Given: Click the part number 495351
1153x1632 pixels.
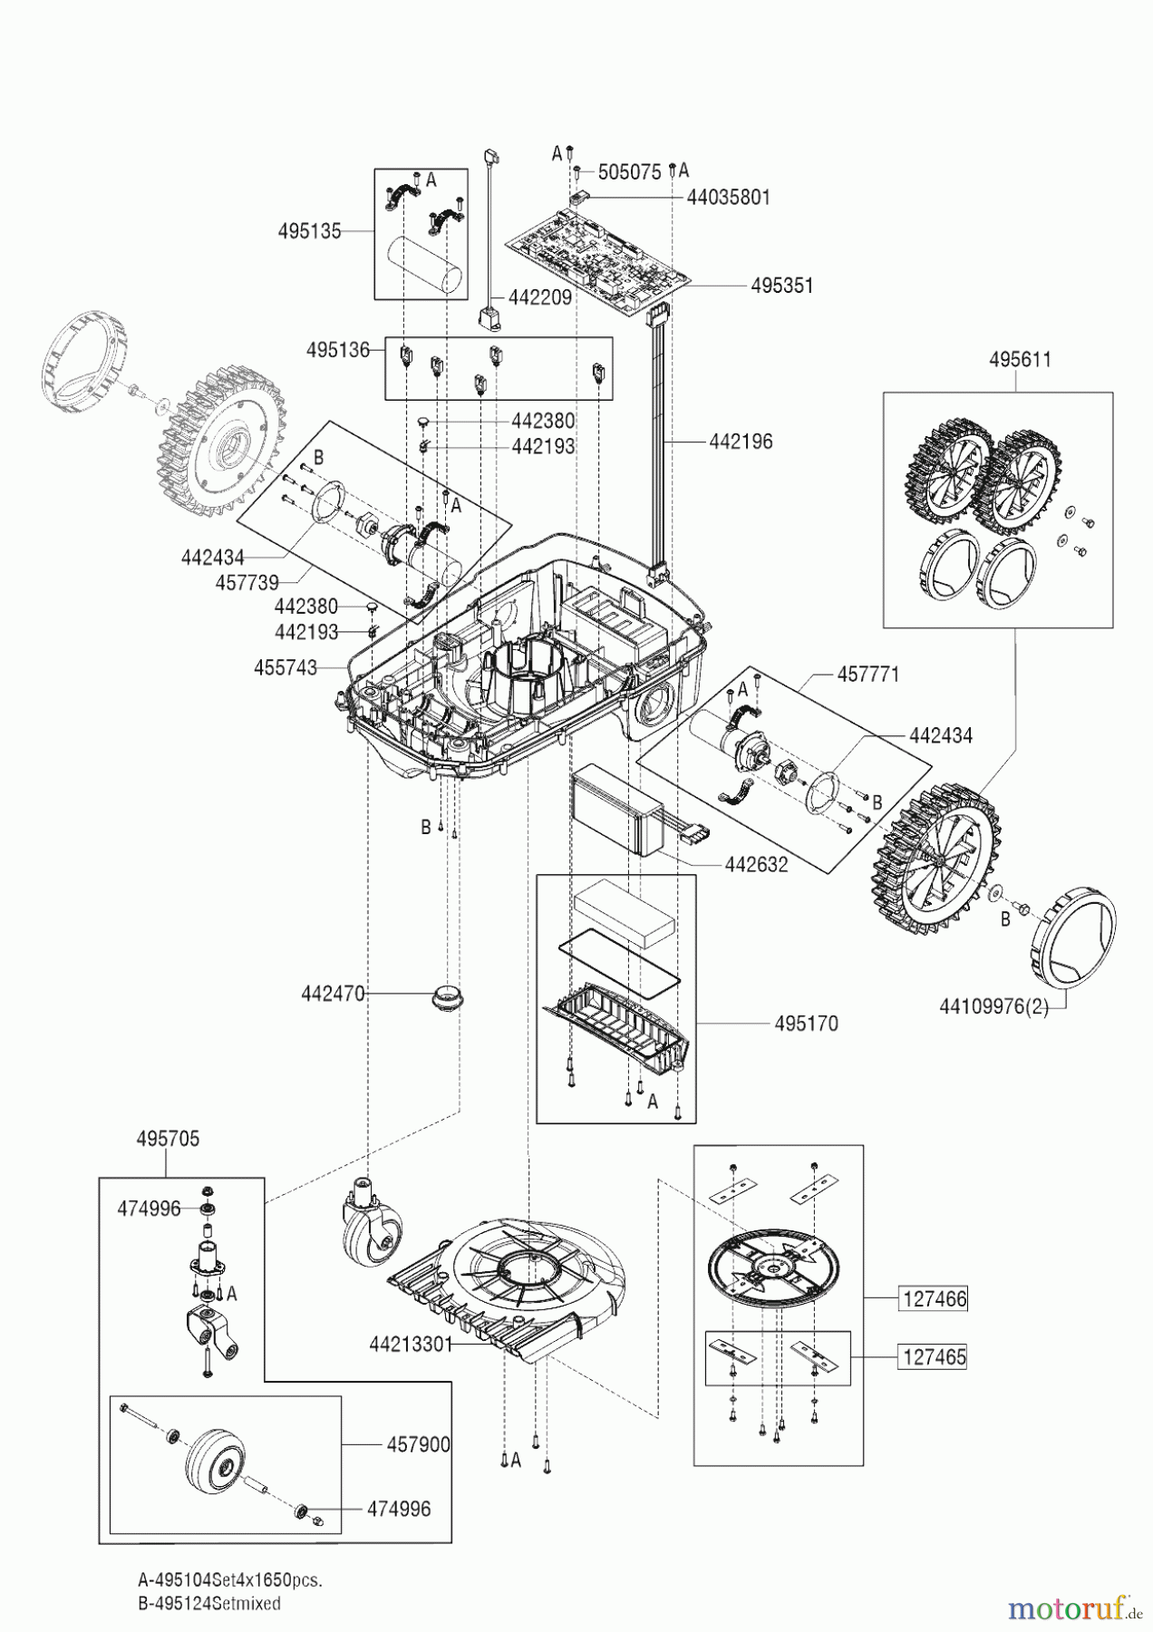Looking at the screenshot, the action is [781, 286].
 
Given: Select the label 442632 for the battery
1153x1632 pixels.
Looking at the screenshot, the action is [756, 864].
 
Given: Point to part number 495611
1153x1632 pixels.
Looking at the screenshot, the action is [1020, 359].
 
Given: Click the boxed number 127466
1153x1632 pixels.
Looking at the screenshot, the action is [934, 1299].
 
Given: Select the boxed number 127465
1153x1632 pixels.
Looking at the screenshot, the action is [934, 1357].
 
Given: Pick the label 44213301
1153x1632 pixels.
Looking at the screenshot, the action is [411, 1344].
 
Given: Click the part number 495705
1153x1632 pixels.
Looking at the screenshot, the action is [168, 1139].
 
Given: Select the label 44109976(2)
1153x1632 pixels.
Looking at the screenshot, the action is [993, 1006].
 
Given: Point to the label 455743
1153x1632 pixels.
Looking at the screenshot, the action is [286, 668].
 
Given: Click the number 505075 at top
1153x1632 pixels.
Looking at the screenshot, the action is [629, 172].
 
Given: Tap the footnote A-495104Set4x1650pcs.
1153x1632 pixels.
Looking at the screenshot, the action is [230, 1579].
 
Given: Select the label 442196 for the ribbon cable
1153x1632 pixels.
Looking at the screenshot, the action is [741, 442].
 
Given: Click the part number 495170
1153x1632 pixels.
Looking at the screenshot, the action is [806, 1024].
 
